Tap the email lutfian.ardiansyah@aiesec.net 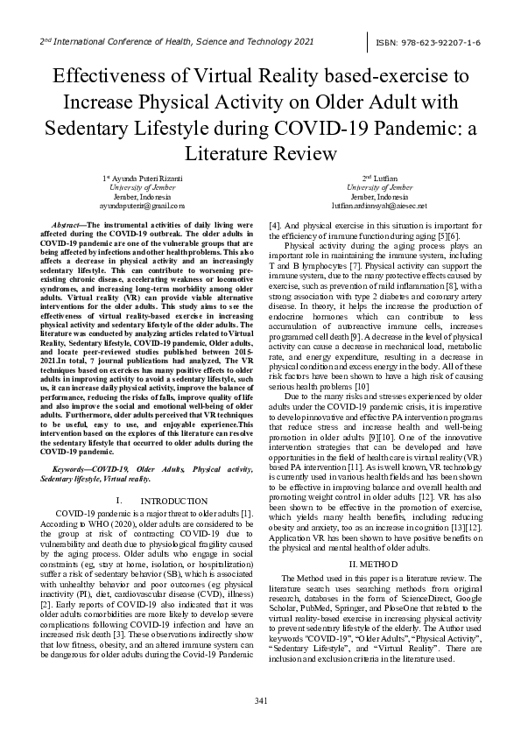pos(380,205)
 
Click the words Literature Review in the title pos(261,154)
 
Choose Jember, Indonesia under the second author pos(380,195)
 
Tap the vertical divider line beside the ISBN pos(369,41)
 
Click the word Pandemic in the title pos(418,128)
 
